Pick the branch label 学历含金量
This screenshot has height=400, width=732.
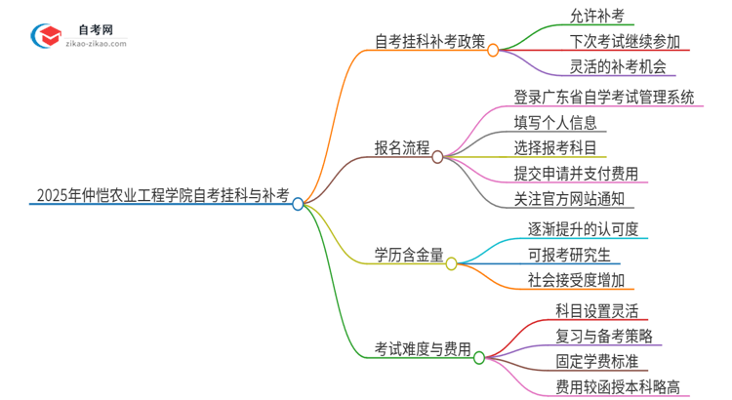click(409, 255)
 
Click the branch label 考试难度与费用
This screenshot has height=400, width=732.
click(423, 348)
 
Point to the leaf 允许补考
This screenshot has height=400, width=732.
click(597, 16)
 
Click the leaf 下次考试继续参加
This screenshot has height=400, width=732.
click(625, 42)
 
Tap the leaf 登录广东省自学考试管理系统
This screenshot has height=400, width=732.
click(618, 97)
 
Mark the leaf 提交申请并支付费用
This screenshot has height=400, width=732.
click(576, 174)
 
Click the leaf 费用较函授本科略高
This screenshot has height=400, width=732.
click(617, 386)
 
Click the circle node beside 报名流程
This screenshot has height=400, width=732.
click(437, 156)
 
